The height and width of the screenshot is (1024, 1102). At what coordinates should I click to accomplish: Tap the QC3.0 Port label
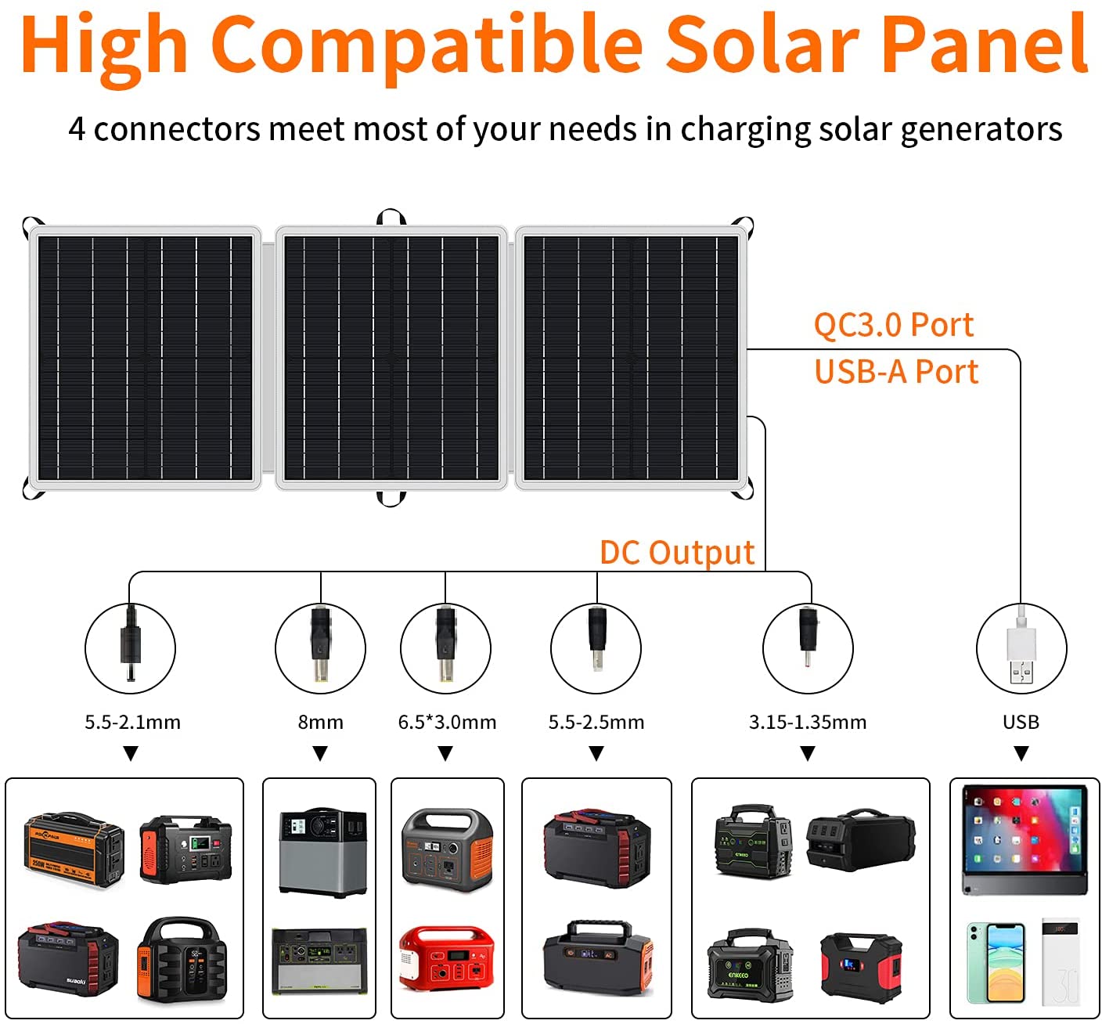(893, 325)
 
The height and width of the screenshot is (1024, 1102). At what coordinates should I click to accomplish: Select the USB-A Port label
(896, 372)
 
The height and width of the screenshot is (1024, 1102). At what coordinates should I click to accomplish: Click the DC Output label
(677, 553)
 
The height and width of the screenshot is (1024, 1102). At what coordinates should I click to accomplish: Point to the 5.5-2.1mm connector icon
(130, 647)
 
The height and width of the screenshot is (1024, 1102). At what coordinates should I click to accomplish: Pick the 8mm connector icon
(320, 647)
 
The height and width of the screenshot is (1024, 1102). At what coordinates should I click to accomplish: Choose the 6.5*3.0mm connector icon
(445, 647)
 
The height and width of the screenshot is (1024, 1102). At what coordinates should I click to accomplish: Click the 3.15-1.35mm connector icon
(808, 647)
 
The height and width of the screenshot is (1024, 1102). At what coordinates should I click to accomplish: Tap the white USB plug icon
(1021, 647)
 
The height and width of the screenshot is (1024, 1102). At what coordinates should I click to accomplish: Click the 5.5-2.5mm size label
(596, 722)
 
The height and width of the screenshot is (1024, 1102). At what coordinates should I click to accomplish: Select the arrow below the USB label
(1021, 753)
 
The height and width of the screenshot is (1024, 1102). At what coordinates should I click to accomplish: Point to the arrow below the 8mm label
(320, 753)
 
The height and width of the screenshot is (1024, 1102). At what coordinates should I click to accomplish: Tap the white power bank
(1061, 962)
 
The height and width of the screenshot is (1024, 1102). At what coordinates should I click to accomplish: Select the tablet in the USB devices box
(1024, 840)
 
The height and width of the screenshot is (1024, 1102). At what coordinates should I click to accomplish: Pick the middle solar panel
(391, 358)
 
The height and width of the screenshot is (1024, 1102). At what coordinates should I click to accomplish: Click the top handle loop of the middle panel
(391, 216)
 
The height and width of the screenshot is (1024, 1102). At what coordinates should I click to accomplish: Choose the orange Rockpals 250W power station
(74, 849)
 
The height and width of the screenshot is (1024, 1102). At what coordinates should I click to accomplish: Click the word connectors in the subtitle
(177, 129)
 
